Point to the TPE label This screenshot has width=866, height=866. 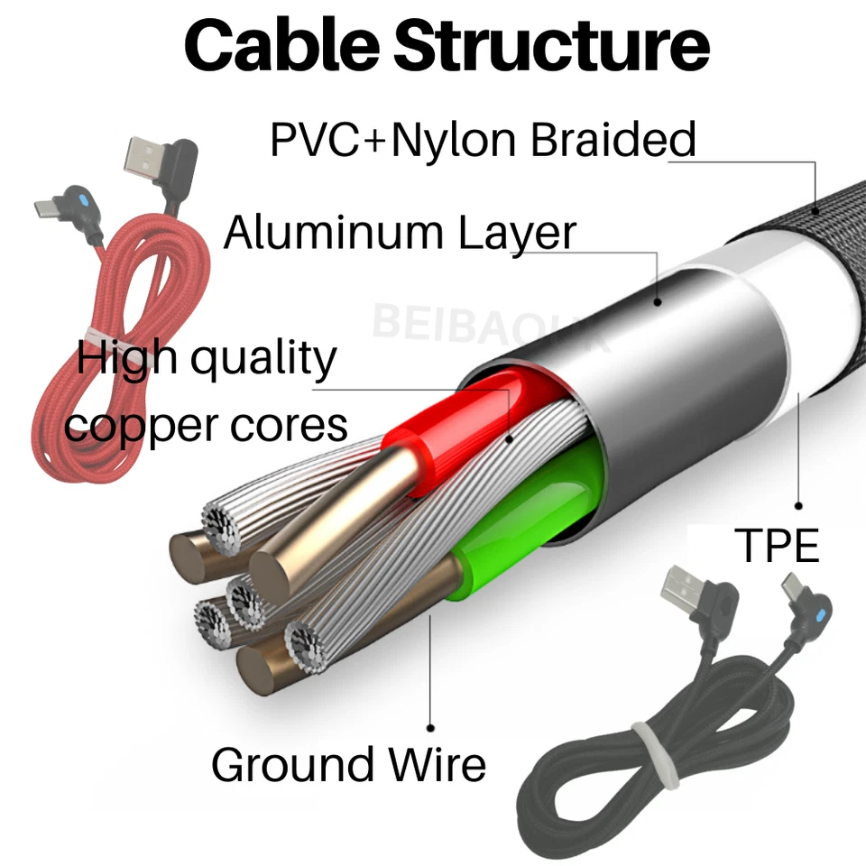(x=778, y=546)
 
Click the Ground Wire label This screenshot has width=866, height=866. (x=348, y=765)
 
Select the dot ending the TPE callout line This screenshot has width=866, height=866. (x=799, y=505)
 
